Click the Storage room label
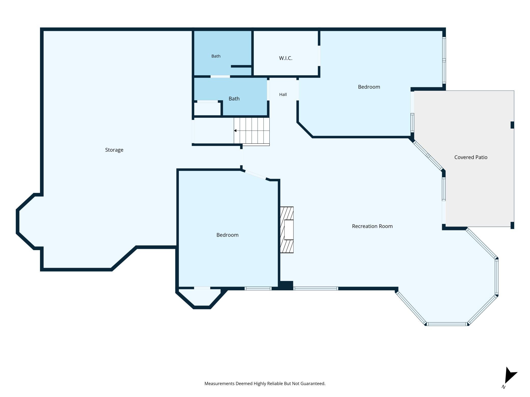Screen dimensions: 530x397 tap(114, 150)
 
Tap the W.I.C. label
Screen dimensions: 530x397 tap(286, 58)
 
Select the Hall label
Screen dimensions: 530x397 tap(283, 94)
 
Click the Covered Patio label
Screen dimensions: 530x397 tap(471, 157)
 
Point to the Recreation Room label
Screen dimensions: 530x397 tap(372, 226)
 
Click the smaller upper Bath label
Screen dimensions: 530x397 tap(216, 56)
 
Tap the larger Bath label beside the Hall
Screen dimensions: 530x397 tap(234, 99)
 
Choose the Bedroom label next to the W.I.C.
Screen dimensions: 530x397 tap(369, 87)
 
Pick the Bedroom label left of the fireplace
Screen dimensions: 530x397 tap(227, 235)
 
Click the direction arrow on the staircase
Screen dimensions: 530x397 tap(235, 131)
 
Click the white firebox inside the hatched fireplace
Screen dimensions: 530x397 tap(289, 230)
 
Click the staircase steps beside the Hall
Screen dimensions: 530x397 tap(252, 131)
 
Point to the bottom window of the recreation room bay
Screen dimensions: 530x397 tap(447, 324)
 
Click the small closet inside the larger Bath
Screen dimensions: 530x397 tap(207, 109)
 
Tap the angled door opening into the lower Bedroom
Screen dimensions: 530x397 tap(255, 175)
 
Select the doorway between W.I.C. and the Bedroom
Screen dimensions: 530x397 tap(319, 56)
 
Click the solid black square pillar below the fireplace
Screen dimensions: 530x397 tap(286, 285)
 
